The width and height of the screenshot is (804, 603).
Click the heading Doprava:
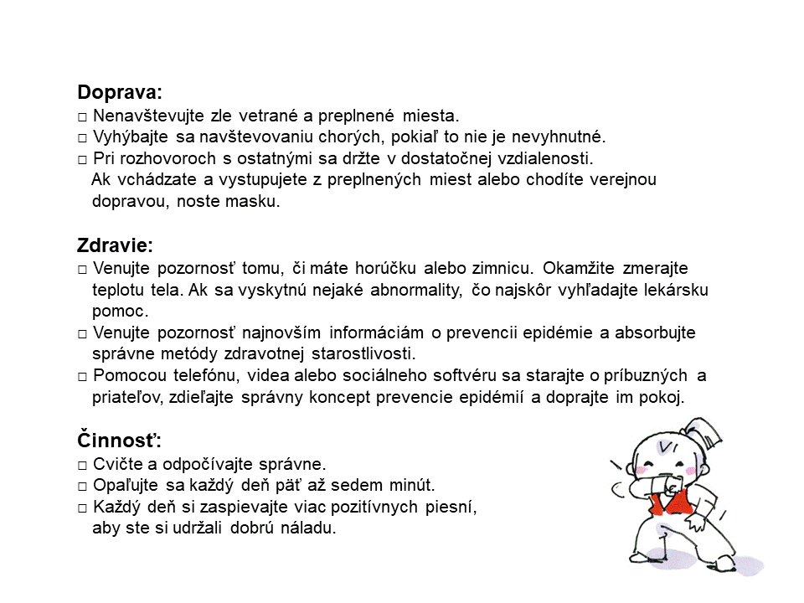120,92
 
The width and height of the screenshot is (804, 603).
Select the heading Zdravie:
115,245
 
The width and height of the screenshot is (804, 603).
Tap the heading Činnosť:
119,440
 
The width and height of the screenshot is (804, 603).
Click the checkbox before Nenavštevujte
82,116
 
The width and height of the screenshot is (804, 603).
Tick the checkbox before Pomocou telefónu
82,376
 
